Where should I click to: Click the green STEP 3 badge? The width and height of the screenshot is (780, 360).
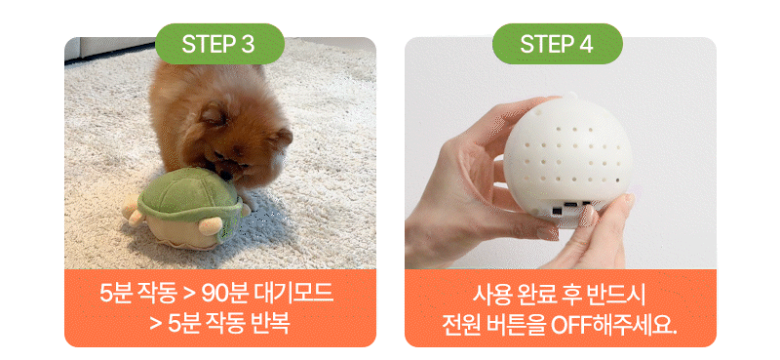(219, 44)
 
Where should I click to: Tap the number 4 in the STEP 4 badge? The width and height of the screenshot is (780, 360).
(585, 44)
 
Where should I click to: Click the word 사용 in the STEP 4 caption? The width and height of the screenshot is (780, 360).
(490, 294)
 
